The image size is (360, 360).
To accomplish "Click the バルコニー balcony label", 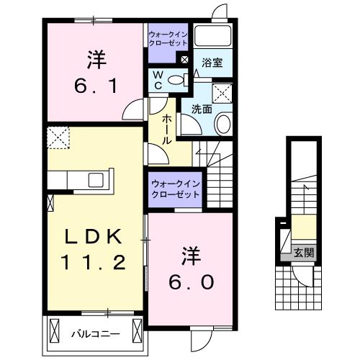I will coord(91,334).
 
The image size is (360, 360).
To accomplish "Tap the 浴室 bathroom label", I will coord(212,63).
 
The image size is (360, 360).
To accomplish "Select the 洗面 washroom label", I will coord(201,109).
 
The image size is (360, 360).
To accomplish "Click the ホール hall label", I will coord(166,128).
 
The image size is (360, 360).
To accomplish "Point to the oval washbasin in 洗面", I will coord(222,125).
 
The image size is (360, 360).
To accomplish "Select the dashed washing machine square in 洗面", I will coord(222,92).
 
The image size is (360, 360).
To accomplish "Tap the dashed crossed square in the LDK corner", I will coord(56,136).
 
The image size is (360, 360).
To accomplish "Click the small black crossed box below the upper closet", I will coord(186,60).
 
